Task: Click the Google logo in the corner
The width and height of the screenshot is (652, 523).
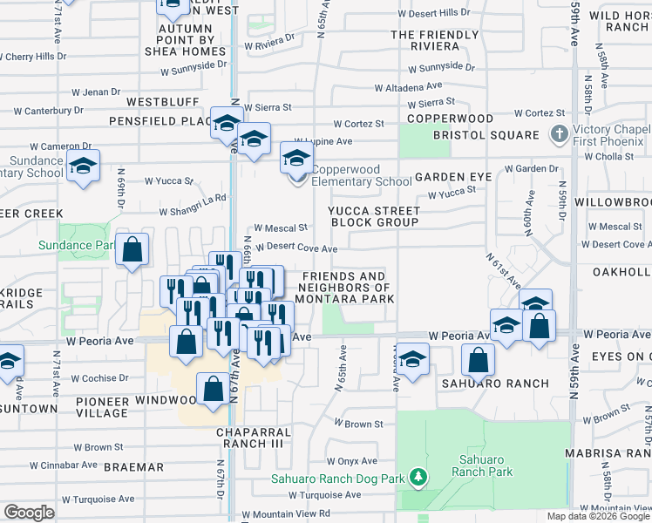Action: pyautogui.click(x=29, y=513)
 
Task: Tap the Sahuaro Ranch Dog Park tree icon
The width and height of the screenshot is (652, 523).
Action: pyautogui.click(x=419, y=478)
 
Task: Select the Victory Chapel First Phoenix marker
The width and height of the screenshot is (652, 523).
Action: pyautogui.click(x=559, y=135)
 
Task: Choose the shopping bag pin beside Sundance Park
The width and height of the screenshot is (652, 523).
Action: pyautogui.click(x=132, y=249)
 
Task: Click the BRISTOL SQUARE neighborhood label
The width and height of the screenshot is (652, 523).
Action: pyautogui.click(x=486, y=135)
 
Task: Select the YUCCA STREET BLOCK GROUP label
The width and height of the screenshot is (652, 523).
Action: pyautogui.click(x=374, y=216)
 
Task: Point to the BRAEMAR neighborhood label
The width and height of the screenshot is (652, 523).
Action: pyautogui.click(x=133, y=467)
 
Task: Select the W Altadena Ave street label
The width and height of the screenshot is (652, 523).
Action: pyautogui.click(x=408, y=88)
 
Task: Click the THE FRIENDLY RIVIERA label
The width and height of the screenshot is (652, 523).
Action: pyautogui.click(x=435, y=41)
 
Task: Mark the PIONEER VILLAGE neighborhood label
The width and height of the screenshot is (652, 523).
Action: pyautogui.click(x=102, y=406)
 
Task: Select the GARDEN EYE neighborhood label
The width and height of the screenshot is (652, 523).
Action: pyautogui.click(x=453, y=177)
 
